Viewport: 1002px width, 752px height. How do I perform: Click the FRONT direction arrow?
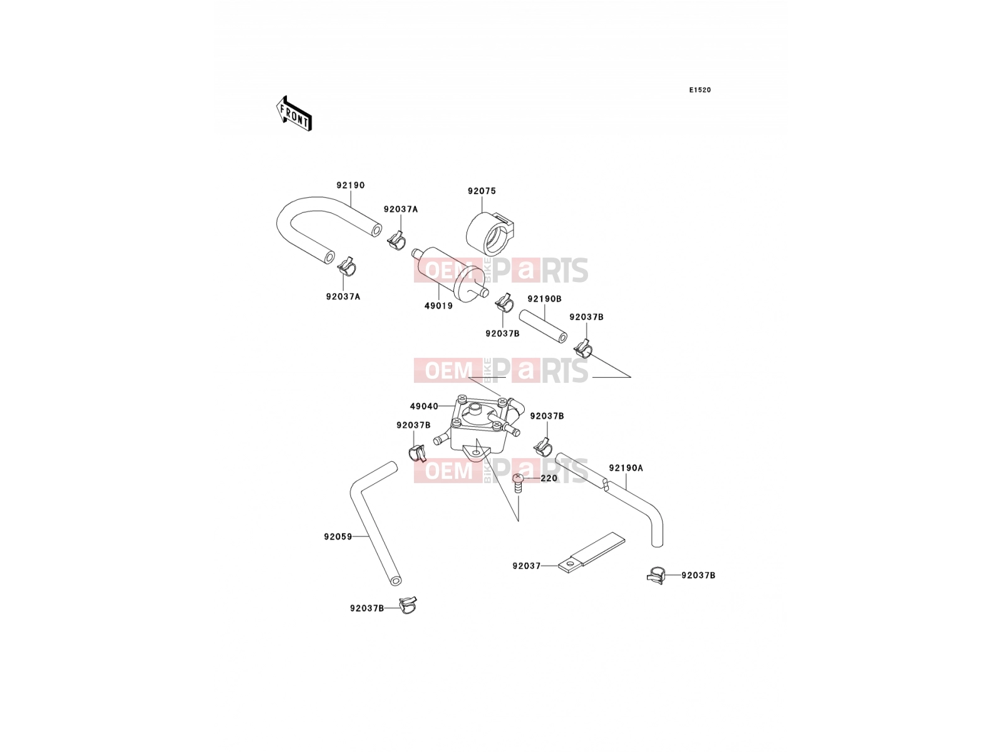[294, 113]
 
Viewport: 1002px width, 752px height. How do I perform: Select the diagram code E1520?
[700, 90]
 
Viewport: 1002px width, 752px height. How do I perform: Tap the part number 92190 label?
[351, 185]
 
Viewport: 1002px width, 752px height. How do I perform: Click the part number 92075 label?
[482, 191]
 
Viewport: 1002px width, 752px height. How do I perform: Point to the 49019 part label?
[439, 306]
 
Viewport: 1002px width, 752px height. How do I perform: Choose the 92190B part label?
[545, 299]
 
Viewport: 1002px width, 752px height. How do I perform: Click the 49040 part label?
[424, 406]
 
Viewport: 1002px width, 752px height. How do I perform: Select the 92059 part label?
[338, 537]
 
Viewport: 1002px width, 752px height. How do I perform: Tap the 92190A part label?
[626, 468]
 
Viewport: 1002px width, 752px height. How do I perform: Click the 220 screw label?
[549, 479]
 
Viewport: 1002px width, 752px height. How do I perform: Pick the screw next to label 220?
[517, 484]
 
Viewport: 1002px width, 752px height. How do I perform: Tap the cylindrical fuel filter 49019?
[450, 273]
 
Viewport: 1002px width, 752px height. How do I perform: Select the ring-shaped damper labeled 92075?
[488, 234]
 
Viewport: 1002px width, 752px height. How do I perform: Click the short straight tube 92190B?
[543, 326]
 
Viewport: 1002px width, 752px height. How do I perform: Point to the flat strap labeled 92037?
[592, 553]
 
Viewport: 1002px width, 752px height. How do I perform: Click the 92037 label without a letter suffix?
[526, 566]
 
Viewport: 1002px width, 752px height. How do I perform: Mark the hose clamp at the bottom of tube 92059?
[408, 605]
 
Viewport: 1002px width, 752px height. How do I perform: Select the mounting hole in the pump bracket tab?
[476, 452]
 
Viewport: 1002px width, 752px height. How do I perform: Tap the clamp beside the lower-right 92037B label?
[656, 575]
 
